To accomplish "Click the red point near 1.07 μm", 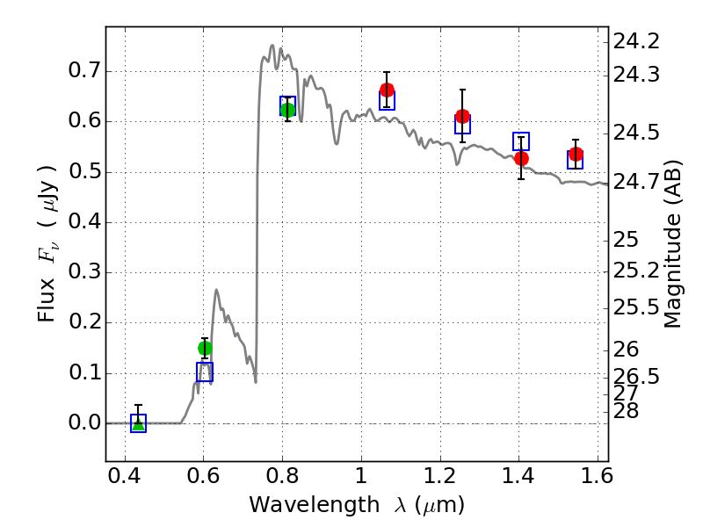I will [x=387, y=90].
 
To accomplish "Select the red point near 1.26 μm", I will [x=462, y=116].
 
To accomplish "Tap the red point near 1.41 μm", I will [x=521, y=158].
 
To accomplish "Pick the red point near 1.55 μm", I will [x=576, y=155].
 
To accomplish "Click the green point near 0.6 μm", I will [x=205, y=348].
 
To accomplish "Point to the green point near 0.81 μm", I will [x=287, y=110].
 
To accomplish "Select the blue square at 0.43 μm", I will [x=138, y=423].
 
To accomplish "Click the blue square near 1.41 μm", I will [x=521, y=141].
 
